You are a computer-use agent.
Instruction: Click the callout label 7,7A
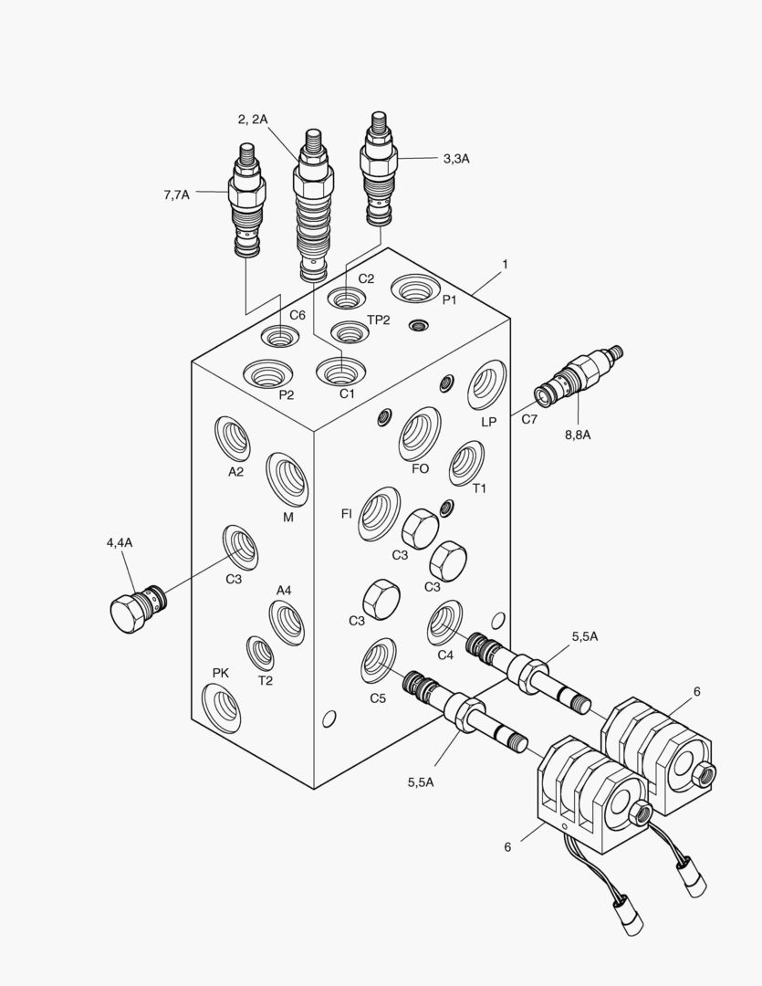(x=177, y=194)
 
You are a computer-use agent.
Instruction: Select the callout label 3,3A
(x=456, y=159)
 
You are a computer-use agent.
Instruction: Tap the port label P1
(x=450, y=300)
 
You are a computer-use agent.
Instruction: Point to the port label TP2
(x=379, y=320)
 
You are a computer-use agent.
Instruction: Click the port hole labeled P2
(x=268, y=373)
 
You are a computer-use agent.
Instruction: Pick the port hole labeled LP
(x=486, y=385)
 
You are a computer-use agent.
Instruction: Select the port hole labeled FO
(x=419, y=434)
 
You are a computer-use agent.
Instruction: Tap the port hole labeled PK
(x=222, y=708)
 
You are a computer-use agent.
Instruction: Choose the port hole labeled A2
(x=233, y=438)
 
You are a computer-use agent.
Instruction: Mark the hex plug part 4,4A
(x=131, y=607)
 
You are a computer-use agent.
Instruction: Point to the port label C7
(x=529, y=419)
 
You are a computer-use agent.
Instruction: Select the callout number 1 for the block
(x=505, y=264)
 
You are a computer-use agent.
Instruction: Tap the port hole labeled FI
(x=378, y=513)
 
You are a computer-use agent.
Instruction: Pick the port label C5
(x=379, y=698)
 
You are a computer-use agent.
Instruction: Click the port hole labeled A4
(x=287, y=623)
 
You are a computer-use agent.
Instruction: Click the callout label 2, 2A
(x=252, y=119)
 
